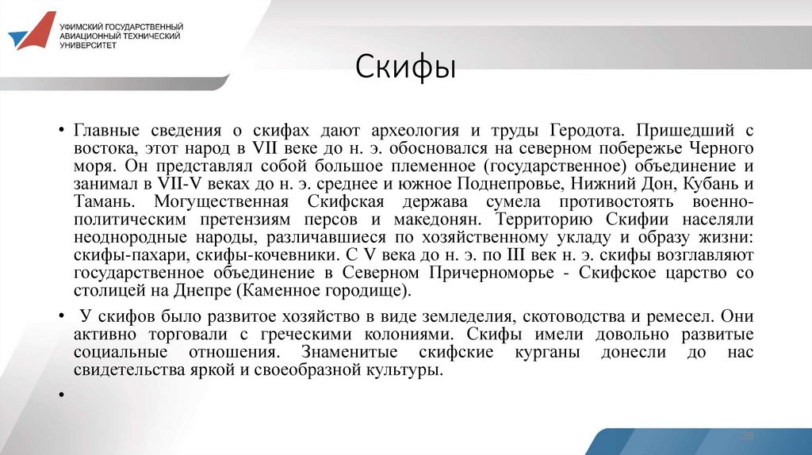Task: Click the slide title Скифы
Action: [405, 67]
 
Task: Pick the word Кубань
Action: [707, 183]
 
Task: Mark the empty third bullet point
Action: [60, 393]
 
